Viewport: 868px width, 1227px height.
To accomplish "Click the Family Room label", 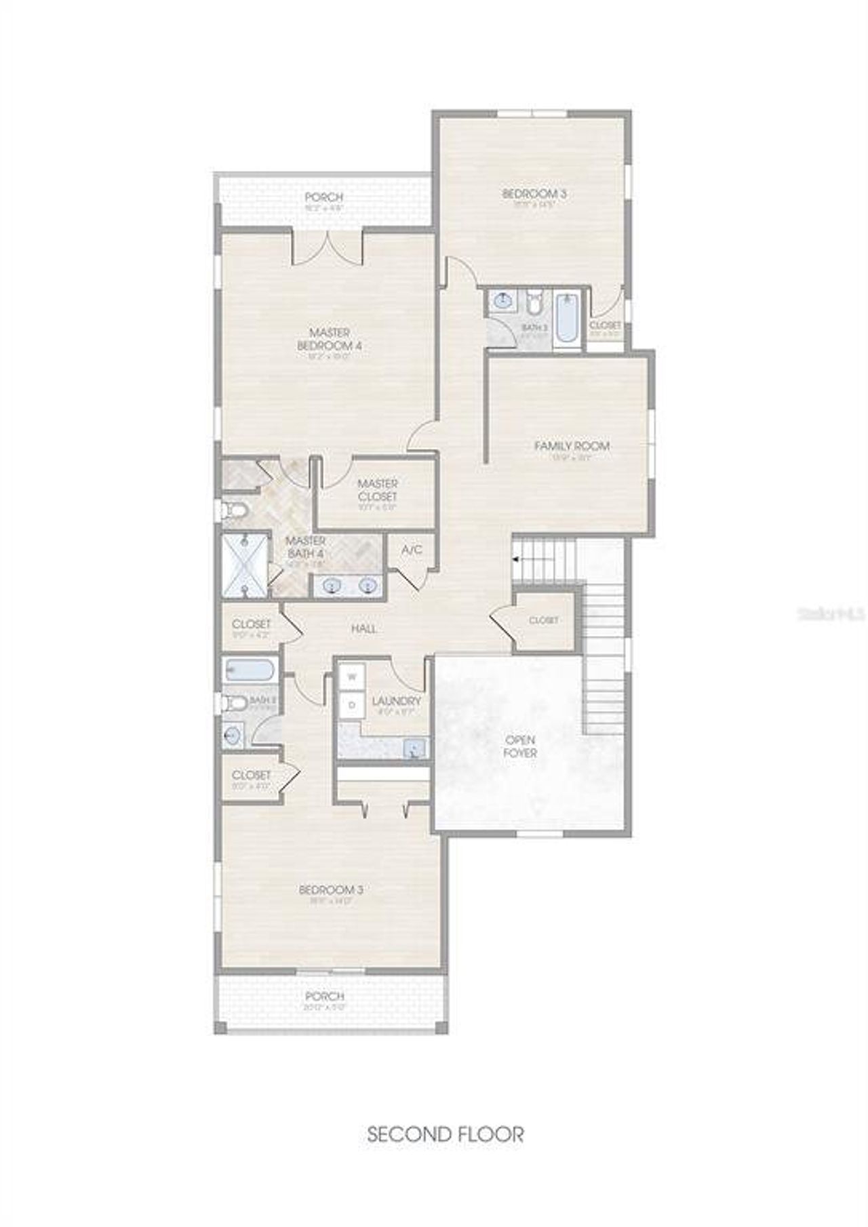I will tap(572, 446).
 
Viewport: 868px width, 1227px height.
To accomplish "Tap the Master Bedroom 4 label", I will tap(330, 339).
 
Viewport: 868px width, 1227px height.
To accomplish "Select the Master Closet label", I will tap(378, 490).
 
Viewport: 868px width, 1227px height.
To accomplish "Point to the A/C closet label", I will tap(412, 550).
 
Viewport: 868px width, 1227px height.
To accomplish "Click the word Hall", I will tap(364, 629).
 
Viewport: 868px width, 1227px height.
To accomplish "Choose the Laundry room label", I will tap(397, 701).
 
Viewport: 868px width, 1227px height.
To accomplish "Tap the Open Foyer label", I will tap(520, 746).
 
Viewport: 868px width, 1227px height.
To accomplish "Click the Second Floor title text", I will tap(446, 1134).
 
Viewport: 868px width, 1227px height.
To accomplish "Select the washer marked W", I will tap(352, 677).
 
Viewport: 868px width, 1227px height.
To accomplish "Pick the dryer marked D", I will tap(352, 705).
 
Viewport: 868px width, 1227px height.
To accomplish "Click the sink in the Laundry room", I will tap(415, 748).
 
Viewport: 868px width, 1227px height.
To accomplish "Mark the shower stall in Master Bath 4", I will tap(245, 566).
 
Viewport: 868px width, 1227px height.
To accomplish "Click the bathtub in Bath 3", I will tap(566, 317).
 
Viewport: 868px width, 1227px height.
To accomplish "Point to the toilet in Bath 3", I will tap(534, 302).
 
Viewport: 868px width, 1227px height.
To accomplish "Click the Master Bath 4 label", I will tap(306, 547).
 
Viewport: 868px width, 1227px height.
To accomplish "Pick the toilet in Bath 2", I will tap(235, 703).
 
